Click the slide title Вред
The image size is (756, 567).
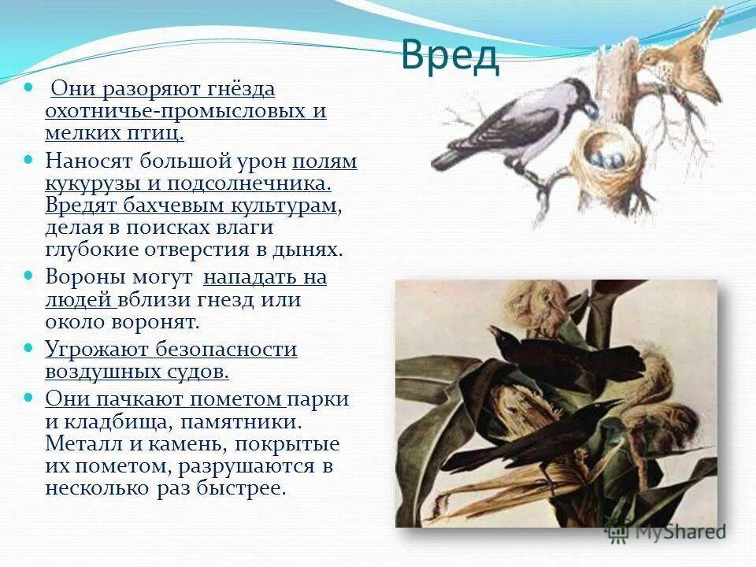tap(450, 55)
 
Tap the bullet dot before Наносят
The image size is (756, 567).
tap(29, 160)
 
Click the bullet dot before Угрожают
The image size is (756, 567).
tap(29, 347)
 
